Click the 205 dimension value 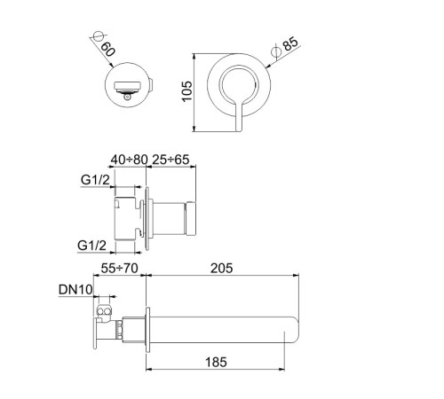222,269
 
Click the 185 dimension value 216,362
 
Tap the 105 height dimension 187,91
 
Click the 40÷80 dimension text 129,160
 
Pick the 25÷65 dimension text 170,160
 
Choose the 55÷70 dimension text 119,269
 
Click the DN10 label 75,290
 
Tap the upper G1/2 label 95,179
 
